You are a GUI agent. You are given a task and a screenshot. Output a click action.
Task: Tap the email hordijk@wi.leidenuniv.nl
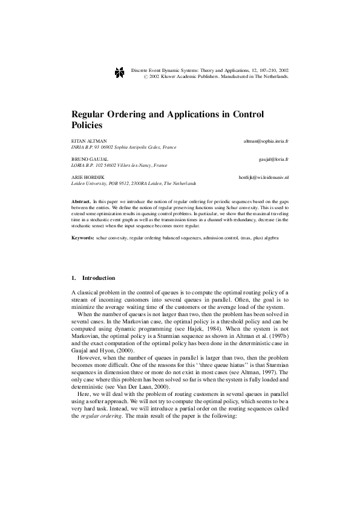click(263, 177)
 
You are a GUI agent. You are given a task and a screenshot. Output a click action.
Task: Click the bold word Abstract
click(80, 199)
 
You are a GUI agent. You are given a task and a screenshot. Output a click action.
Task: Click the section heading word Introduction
click(98, 278)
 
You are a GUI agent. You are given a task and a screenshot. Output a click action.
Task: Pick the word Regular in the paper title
click(90, 114)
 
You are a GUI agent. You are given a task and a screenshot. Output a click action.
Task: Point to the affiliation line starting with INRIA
click(124, 146)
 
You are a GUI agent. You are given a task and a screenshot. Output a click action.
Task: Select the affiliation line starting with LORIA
click(119, 164)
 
